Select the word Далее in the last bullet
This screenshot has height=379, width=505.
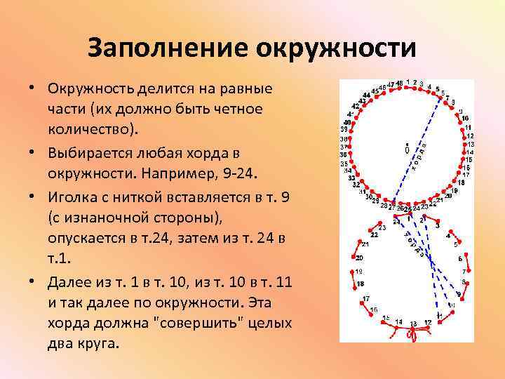(71, 283)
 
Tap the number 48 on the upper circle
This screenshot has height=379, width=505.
(399, 83)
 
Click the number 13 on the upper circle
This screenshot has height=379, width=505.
(469, 145)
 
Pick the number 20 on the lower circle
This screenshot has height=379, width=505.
(359, 258)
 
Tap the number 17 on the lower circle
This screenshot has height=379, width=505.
(365, 299)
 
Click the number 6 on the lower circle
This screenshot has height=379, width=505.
(460, 258)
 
